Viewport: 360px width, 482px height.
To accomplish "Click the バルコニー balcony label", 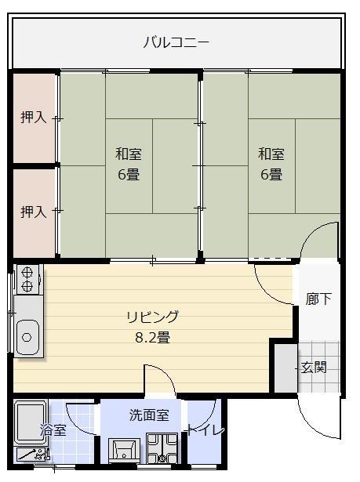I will tap(176, 42).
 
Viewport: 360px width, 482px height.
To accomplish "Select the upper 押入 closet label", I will tap(33, 118).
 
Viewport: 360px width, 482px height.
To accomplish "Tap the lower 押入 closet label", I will tap(33, 212).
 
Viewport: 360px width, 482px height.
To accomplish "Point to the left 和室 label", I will tap(129, 154).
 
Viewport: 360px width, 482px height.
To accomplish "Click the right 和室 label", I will tap(271, 154).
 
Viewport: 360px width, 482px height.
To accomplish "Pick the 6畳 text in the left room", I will tap(129, 174).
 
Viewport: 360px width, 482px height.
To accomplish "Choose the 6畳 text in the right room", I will tap(271, 174).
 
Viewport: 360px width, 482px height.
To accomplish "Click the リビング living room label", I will tap(153, 317).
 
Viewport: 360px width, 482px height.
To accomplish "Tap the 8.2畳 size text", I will tap(153, 339).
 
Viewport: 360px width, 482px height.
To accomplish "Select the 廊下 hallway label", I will tap(318, 299).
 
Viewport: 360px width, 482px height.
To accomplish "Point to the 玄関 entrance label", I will tap(315, 367).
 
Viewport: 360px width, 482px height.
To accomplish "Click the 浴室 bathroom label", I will tap(53, 430).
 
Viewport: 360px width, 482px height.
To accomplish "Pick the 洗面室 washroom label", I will tap(149, 415).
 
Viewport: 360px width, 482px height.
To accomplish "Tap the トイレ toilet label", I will tap(205, 430).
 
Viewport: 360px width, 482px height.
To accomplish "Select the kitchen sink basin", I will tap(27, 337).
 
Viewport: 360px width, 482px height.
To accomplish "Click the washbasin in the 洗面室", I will tap(125, 451).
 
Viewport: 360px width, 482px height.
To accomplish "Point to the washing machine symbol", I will tap(164, 451).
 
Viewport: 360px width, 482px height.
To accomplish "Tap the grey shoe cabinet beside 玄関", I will tap(285, 366).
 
